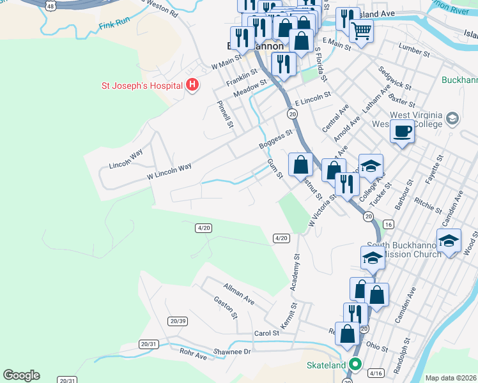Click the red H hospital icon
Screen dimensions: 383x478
pyautogui.click(x=191, y=86)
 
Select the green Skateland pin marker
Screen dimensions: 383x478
pyautogui.click(x=355, y=366)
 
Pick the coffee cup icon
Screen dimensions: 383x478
pyautogui.click(x=402, y=131)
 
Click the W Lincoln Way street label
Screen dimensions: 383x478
pyautogui.click(x=169, y=169)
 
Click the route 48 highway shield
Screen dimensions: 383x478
pyautogui.click(x=50, y=5)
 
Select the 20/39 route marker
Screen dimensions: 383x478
pyautogui.click(x=178, y=320)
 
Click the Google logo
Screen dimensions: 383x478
pyautogui.click(x=21, y=375)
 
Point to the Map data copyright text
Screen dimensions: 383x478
pyautogui.click(x=451, y=378)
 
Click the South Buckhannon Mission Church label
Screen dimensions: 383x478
pyautogui.click(x=401, y=249)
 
